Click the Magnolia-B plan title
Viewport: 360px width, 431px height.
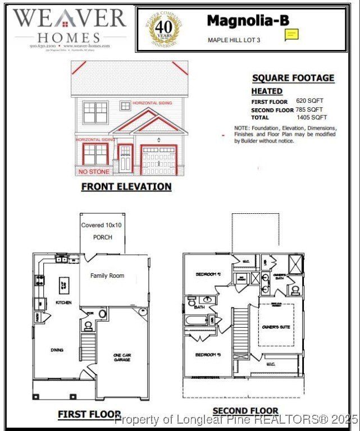coord(248,21)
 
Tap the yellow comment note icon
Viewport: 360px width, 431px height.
coord(291,35)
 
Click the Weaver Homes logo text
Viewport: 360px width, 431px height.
coord(70,26)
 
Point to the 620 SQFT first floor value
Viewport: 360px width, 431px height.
coord(311,101)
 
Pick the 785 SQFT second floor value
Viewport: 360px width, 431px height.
coord(309,109)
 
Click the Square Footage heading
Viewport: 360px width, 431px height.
coord(293,78)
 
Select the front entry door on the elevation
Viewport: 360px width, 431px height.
coord(125,159)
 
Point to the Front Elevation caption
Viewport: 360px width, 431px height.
coord(126,186)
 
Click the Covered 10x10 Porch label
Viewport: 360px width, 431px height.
coord(101,231)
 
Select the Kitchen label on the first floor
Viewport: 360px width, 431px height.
coord(63,302)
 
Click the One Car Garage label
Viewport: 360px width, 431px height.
coord(122,356)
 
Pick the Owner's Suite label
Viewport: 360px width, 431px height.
coord(276,327)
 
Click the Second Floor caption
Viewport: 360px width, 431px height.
coord(245,411)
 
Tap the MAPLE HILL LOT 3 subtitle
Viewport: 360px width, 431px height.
coord(234,40)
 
